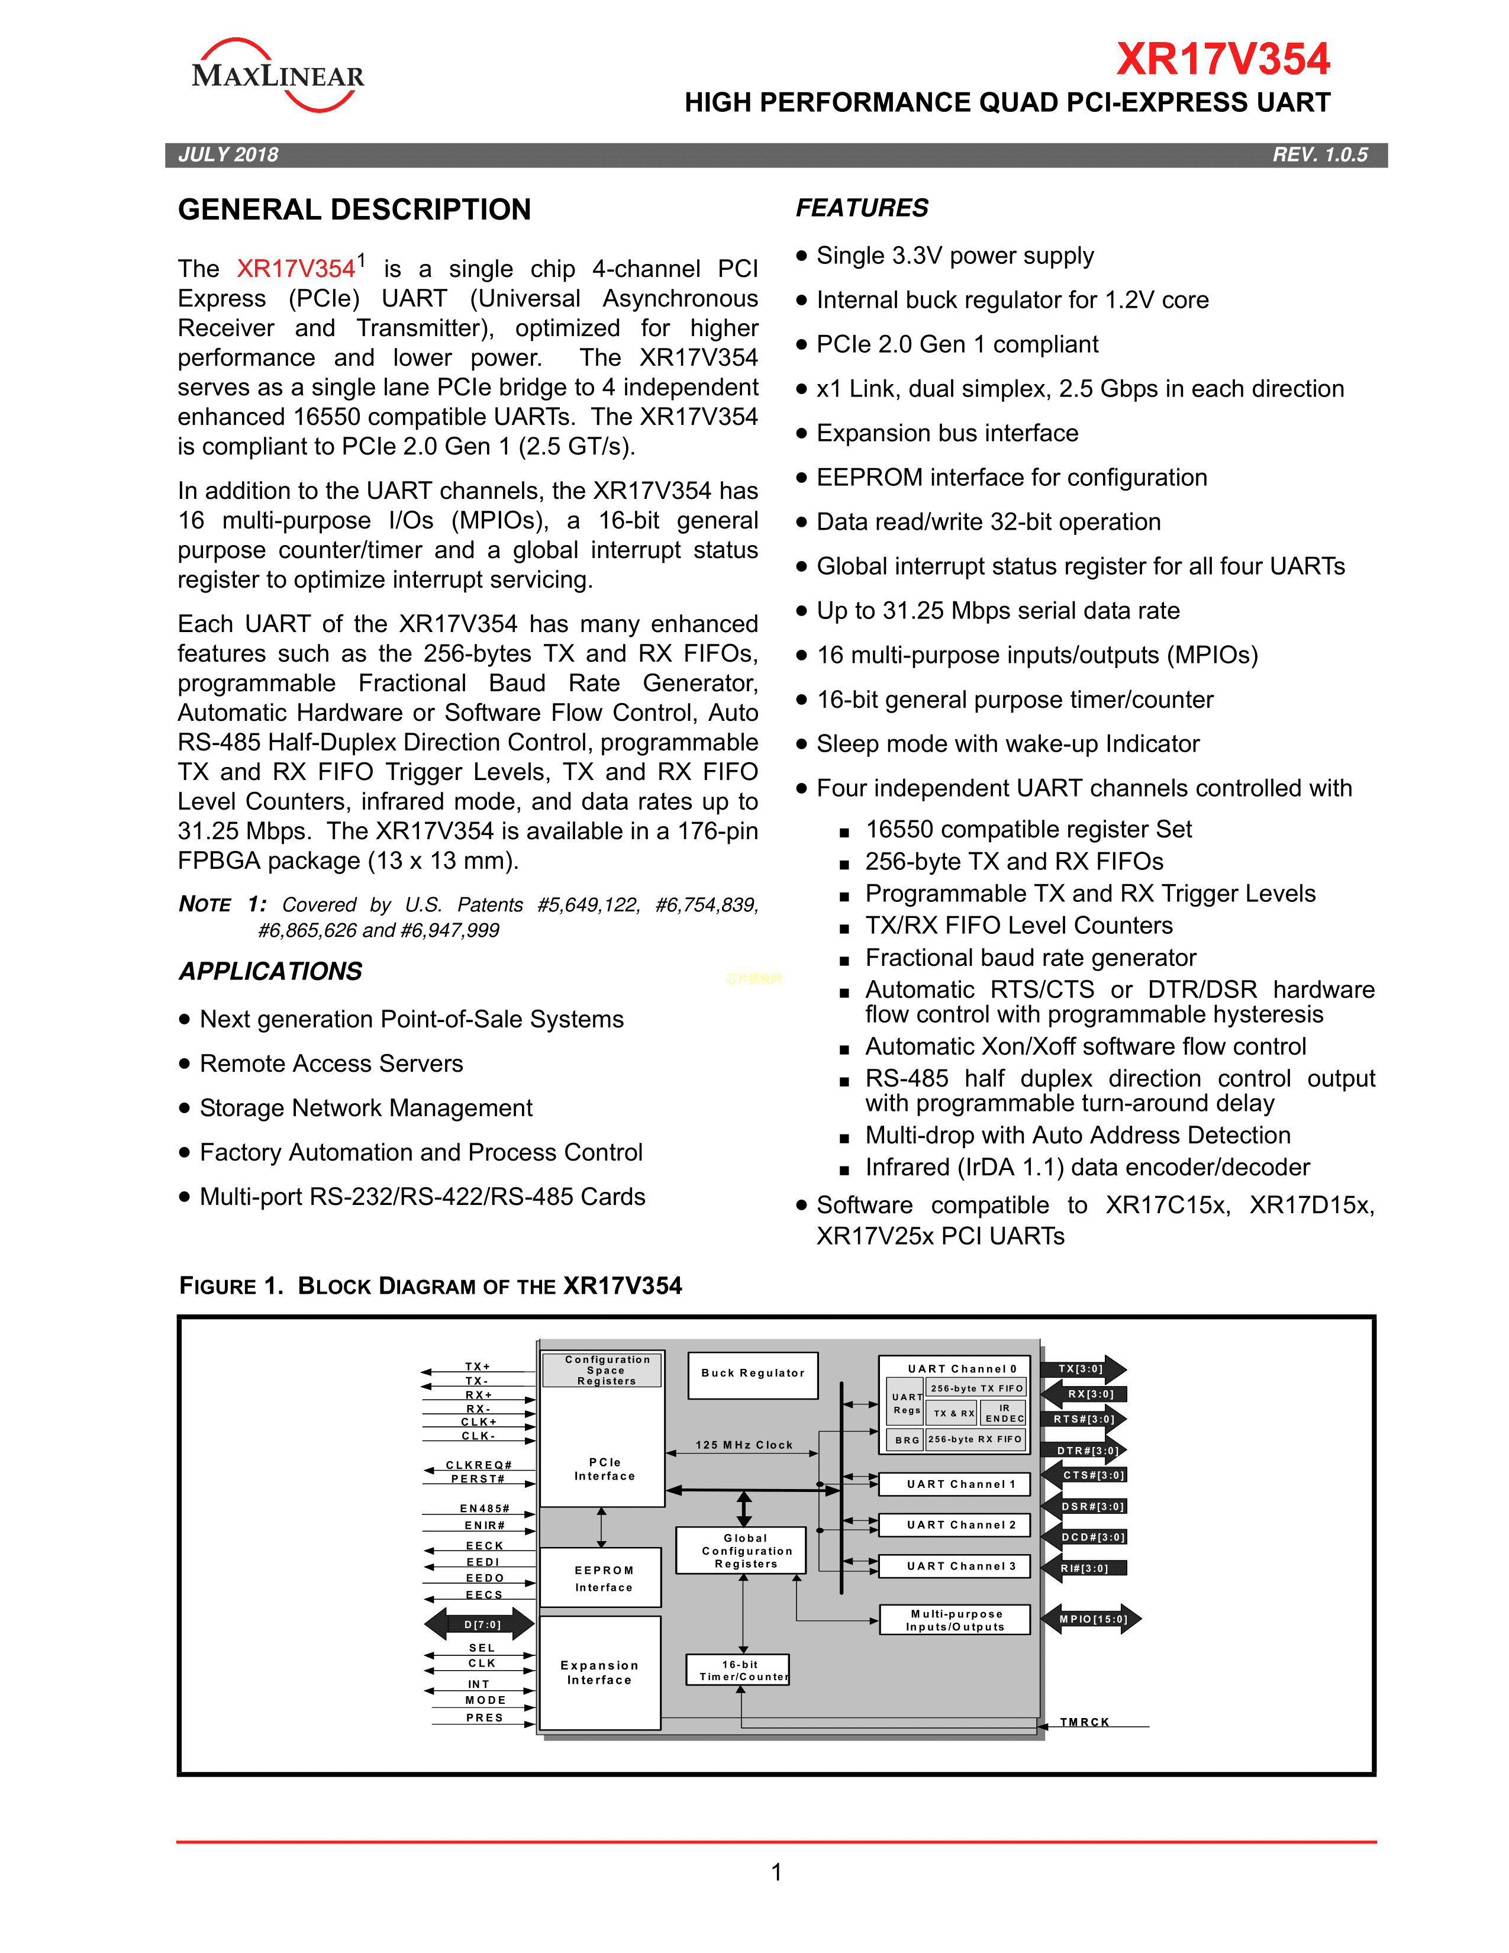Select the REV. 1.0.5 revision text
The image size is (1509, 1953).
(1320, 154)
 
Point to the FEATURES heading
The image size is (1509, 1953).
(862, 208)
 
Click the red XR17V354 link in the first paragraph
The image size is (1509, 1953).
(296, 268)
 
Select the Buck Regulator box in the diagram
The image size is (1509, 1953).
(753, 1374)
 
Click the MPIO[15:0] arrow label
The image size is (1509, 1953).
(1092, 1619)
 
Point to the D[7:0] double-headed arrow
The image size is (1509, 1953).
(480, 1624)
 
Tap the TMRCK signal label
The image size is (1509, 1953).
(1084, 1722)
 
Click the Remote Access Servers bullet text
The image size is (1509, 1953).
(331, 1063)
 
